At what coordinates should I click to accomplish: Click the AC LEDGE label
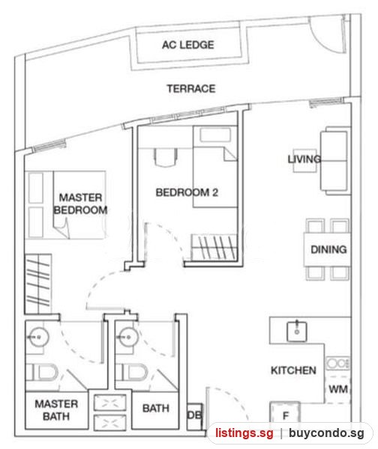[x=188, y=45]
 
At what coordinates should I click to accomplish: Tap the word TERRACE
[x=191, y=89]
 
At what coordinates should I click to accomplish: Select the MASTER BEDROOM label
[x=81, y=204]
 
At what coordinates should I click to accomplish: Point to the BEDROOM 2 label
[x=187, y=192]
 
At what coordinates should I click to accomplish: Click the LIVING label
[x=304, y=159]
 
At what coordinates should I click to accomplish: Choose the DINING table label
[x=328, y=250]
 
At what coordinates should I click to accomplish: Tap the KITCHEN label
[x=293, y=370]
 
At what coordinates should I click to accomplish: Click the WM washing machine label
[x=338, y=389]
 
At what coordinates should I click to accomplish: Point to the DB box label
[x=194, y=415]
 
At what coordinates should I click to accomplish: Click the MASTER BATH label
[x=56, y=410]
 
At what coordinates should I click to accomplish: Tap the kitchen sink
[x=297, y=332]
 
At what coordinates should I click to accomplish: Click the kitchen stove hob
[x=337, y=364]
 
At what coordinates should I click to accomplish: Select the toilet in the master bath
[x=42, y=372]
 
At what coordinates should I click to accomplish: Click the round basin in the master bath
[x=38, y=337]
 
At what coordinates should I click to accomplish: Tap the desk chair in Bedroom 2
[x=166, y=157]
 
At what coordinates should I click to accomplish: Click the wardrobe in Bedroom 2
[x=214, y=247]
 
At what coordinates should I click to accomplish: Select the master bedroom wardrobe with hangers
[x=38, y=284]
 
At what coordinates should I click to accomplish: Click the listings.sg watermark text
[x=244, y=433]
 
